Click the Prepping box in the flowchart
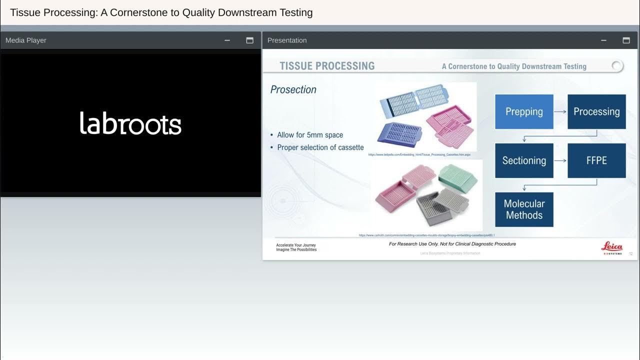(x=524, y=111)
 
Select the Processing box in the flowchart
(x=596, y=111)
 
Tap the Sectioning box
(x=524, y=160)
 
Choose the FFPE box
(x=596, y=160)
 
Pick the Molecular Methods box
(x=524, y=209)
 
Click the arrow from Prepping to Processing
(x=560, y=111)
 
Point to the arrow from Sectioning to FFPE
(x=560, y=160)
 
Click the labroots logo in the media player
(x=130, y=123)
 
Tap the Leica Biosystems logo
(x=611, y=248)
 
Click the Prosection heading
(x=293, y=89)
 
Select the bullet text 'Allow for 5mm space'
(x=310, y=135)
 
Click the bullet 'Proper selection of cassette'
(x=320, y=147)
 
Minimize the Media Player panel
(x=227, y=40)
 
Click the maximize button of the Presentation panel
(x=626, y=40)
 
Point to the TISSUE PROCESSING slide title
(x=327, y=66)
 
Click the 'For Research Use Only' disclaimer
(x=452, y=244)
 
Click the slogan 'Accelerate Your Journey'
(x=296, y=245)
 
